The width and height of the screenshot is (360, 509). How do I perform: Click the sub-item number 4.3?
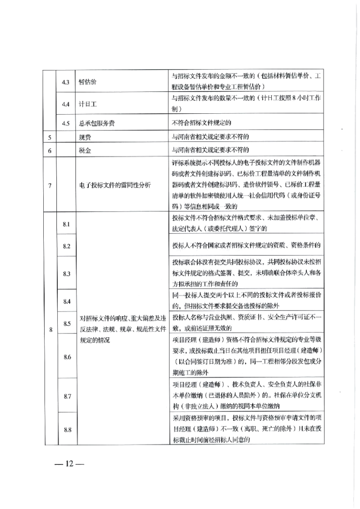(x=66, y=82)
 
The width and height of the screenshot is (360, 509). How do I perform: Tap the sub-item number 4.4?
(x=66, y=104)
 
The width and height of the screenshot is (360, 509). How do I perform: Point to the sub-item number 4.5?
(x=66, y=122)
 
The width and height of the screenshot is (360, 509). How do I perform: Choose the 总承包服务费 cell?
(x=94, y=122)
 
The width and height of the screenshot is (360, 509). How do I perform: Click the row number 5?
(x=49, y=136)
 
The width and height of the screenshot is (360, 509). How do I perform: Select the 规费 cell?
(x=84, y=136)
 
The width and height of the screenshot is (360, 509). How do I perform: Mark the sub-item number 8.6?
(x=67, y=357)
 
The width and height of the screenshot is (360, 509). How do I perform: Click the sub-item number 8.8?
(x=67, y=430)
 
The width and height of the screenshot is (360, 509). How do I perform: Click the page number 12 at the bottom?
(x=67, y=464)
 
